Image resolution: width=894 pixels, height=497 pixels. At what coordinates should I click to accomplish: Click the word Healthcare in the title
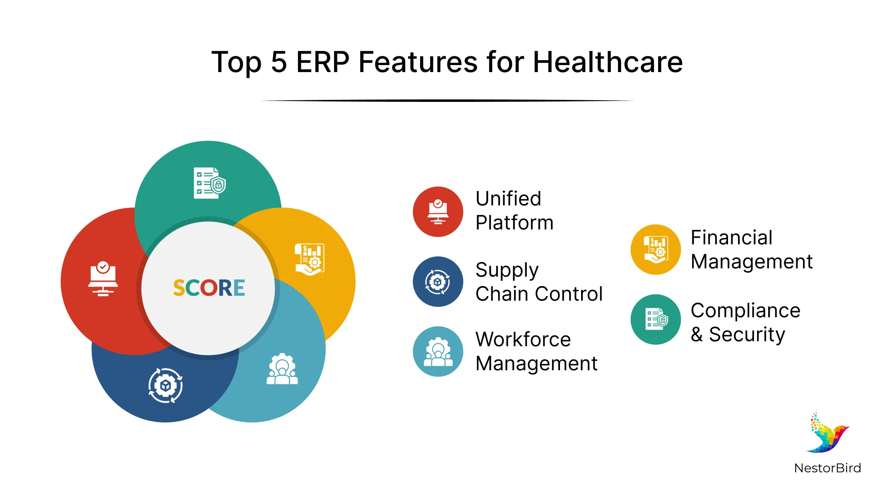(x=608, y=62)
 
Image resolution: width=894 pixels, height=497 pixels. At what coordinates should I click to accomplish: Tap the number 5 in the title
(x=279, y=62)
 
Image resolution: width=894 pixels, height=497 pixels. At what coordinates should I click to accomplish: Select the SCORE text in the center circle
(x=209, y=288)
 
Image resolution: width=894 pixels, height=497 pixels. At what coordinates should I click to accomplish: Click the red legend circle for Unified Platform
(x=438, y=212)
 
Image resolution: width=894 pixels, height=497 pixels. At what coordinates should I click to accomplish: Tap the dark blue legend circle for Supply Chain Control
(x=438, y=282)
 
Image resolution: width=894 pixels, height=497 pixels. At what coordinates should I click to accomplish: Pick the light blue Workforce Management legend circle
(x=438, y=352)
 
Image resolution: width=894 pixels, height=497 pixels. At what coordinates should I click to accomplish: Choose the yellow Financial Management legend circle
(x=656, y=249)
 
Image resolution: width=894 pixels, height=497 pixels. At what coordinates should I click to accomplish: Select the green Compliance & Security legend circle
(x=656, y=319)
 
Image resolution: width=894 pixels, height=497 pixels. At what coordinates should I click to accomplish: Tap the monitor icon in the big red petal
(x=103, y=278)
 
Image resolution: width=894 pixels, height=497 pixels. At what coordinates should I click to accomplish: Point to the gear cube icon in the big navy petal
(x=166, y=386)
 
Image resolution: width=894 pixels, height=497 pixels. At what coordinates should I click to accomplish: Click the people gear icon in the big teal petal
(x=282, y=369)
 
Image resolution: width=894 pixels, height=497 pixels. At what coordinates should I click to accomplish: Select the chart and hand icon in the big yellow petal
(x=310, y=259)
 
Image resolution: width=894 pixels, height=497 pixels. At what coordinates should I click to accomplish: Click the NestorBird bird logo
(x=828, y=433)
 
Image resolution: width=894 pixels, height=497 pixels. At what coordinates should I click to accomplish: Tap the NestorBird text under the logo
(x=828, y=468)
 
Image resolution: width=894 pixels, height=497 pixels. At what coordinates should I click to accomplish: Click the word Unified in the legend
(x=508, y=199)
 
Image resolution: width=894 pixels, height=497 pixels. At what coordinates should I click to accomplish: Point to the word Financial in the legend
(x=731, y=238)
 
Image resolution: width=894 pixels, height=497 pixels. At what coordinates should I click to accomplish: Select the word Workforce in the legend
(x=523, y=340)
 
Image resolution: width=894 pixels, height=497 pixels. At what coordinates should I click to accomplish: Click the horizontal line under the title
(x=447, y=101)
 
